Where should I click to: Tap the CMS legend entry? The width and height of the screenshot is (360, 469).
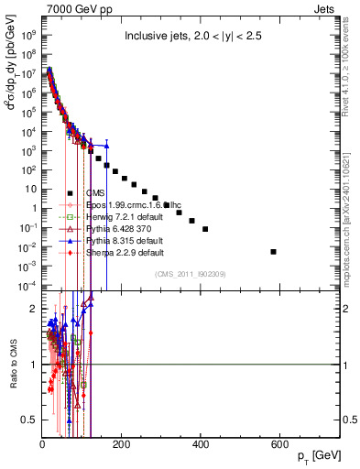[x=94, y=192]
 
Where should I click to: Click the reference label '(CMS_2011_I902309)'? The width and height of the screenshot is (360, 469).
[x=190, y=274]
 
